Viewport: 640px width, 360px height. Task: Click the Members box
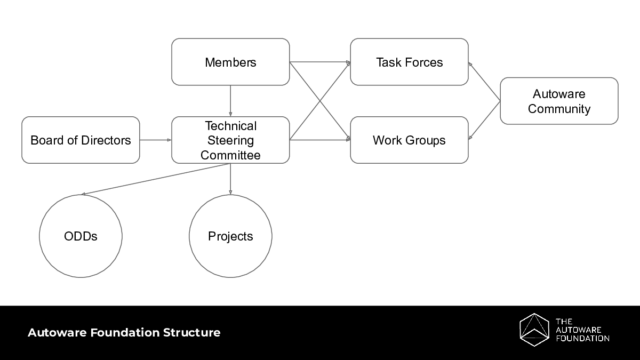coord(230,62)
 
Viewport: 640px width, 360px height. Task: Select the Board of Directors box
coord(81,140)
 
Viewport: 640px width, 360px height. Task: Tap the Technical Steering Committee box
coord(230,140)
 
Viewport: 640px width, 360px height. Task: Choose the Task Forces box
coord(409,62)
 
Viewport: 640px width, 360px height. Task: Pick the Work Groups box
coord(409,140)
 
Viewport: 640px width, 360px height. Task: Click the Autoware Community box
coord(559,101)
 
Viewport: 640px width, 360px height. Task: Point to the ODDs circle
coord(81,236)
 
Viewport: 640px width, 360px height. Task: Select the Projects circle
coord(230,236)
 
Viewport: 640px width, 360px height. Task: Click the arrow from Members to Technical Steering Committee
coord(230,101)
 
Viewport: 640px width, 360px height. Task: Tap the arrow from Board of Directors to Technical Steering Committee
coord(155,140)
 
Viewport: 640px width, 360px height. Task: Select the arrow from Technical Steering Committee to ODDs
coord(155,179)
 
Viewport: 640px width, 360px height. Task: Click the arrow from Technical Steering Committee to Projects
coord(230,179)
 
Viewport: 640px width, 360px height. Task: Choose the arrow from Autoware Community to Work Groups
coord(484,121)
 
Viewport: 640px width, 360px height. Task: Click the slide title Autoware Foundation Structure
coord(124,333)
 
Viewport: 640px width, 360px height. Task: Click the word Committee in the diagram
coord(230,155)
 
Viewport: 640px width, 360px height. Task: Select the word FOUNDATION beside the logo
coord(582,338)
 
